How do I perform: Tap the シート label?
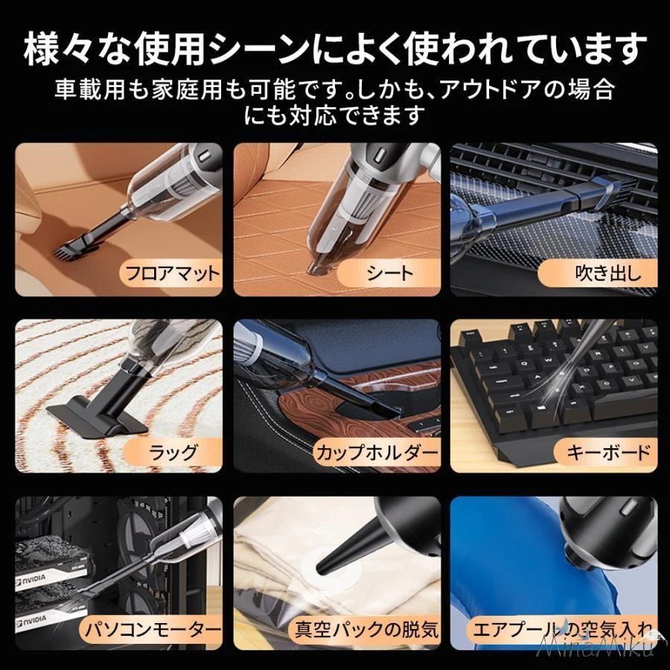tap(389, 273)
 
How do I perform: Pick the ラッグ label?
tap(173, 451)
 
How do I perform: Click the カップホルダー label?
tap(377, 451)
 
